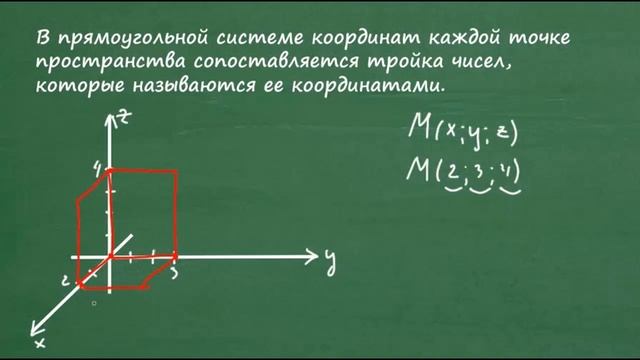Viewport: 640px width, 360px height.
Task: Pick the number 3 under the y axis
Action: click(x=175, y=271)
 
